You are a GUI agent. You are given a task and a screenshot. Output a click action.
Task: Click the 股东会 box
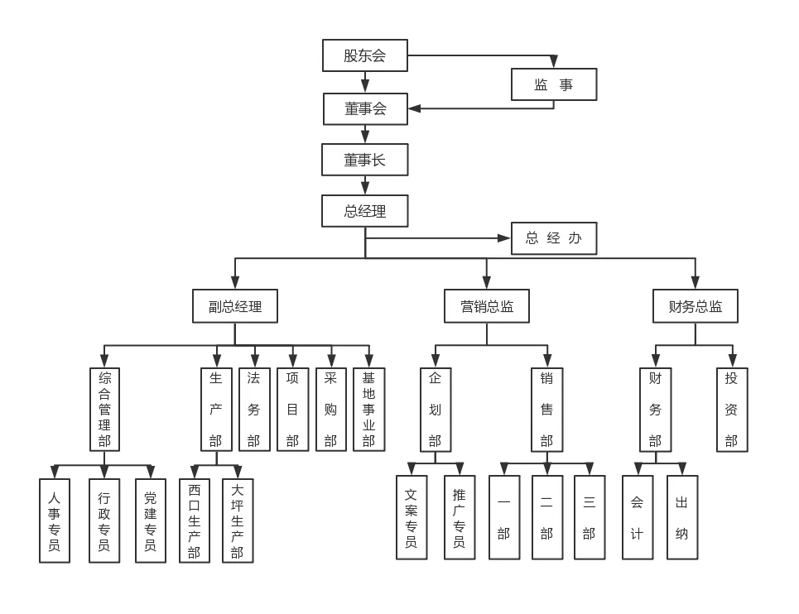coord(364,55)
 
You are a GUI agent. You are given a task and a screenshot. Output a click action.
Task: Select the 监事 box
coord(553,84)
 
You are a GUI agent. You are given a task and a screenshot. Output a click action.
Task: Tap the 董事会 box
coord(364,108)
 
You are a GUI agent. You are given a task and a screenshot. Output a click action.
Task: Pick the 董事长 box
coord(364,160)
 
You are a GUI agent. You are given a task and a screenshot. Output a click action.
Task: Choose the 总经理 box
coord(364,211)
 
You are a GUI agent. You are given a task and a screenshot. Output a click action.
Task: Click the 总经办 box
coord(553,238)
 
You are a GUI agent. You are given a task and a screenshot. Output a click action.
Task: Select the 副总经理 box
coord(234,306)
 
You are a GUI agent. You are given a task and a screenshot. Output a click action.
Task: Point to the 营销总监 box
coord(487,306)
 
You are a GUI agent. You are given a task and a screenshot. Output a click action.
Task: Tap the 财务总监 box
coord(695,306)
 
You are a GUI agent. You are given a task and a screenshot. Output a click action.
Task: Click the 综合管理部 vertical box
coord(104,410)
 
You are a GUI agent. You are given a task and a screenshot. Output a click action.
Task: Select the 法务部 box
coord(254,410)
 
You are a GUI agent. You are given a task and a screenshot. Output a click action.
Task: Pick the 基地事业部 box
coord(368,410)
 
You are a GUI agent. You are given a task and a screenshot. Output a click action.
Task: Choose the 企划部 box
coord(436,410)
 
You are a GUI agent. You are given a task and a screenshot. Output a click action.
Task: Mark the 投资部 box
coord(732,410)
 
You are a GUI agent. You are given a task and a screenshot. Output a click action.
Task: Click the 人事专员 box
coord(55,520)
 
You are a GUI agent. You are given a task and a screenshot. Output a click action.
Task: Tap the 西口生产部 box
coord(195,520)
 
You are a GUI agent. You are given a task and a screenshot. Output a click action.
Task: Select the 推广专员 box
coord(460,517)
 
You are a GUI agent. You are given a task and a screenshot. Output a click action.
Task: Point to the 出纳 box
coord(682,517)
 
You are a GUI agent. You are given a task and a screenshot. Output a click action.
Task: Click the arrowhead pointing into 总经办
coord(504,238)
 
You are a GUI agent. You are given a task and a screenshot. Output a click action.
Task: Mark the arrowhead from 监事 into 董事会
coord(415,108)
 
